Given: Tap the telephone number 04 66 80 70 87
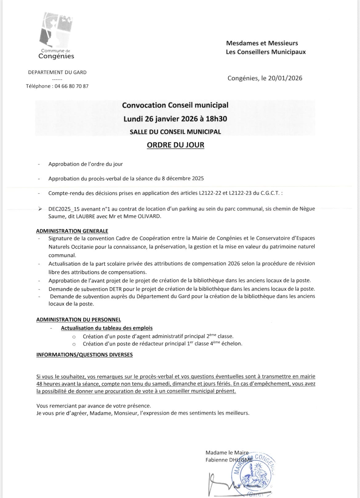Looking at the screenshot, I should coord(71,86).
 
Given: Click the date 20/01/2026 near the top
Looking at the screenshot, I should coord(285,78).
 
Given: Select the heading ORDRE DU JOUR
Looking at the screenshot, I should coord(175,145).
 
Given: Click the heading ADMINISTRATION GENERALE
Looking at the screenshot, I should coord(72,231).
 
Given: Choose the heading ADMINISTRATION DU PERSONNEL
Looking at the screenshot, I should coord(78,320).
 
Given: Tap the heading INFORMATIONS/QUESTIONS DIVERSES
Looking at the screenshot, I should coord(84,354).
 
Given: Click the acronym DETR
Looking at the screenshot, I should coord(117,289).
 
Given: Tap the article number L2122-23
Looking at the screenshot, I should coord(240,193).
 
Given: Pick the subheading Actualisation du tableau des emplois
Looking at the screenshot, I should coord(106,328).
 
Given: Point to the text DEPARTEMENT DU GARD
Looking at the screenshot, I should coord(57,72).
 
